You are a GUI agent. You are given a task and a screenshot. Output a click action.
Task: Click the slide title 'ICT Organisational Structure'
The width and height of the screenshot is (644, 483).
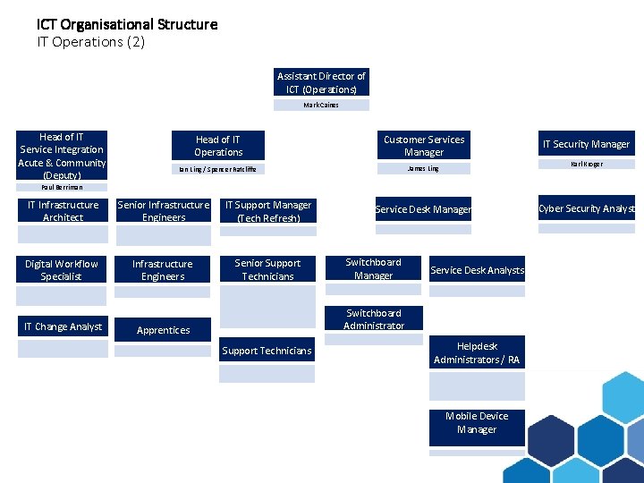[x=127, y=24]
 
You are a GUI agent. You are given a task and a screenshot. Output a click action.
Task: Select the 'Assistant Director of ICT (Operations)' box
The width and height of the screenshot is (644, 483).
[x=322, y=82]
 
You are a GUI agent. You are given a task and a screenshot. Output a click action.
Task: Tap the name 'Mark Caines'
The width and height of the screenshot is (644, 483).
[x=322, y=105]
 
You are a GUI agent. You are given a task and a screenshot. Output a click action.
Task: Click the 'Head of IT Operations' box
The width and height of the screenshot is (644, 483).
[x=218, y=146]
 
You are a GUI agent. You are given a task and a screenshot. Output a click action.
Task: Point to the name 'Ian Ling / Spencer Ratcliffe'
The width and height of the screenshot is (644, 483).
[x=218, y=169]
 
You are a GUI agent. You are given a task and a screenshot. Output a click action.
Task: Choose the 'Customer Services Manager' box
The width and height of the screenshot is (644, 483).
[x=424, y=146]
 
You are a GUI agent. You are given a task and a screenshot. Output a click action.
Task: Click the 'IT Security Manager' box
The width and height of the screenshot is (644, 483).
[x=587, y=144]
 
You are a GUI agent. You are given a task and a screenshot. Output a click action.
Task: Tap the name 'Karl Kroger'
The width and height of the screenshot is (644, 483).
[x=587, y=165]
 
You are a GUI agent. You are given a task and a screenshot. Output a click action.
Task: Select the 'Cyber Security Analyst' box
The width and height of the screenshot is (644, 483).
[x=587, y=208]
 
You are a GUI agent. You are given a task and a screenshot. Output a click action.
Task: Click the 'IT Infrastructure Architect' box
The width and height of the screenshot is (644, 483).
[x=63, y=211]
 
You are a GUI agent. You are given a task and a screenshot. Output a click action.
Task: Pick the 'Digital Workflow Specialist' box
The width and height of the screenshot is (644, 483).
[x=62, y=270]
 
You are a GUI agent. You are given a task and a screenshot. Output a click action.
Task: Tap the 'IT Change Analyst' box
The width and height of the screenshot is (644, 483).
[x=63, y=326]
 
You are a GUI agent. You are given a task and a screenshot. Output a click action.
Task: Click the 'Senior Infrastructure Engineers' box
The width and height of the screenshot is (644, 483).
[x=164, y=211]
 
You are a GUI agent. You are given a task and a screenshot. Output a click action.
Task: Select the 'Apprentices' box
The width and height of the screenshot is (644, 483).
[x=163, y=330]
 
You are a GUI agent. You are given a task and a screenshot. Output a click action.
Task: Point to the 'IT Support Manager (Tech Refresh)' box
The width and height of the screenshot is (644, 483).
[x=268, y=211]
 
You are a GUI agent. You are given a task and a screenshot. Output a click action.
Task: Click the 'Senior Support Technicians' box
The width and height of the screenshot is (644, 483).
[x=268, y=270]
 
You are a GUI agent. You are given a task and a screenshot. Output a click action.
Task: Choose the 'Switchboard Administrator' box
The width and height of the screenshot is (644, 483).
[x=374, y=319]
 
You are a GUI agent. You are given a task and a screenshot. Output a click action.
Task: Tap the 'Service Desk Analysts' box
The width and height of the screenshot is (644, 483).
[x=477, y=270]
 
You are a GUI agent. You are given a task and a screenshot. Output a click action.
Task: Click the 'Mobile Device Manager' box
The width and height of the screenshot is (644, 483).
[x=477, y=423]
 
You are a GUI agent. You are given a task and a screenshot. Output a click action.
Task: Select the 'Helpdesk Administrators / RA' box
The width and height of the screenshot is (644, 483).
[x=477, y=353]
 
